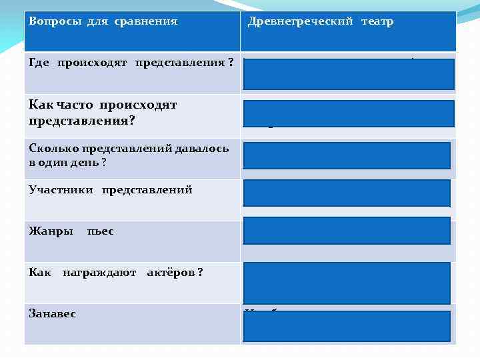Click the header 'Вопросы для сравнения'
pyautogui.click(x=103, y=21)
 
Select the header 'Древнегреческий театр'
pyautogui.click(x=320, y=21)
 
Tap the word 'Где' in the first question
pyautogui.click(x=40, y=63)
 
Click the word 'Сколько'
pyautogui.click(x=51, y=148)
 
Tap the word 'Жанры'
pyautogui.click(x=51, y=231)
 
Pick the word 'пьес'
pyautogui.click(x=100, y=231)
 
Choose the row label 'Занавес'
pyautogui.click(x=53, y=313)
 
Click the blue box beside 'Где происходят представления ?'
pyautogui.click(x=349, y=74)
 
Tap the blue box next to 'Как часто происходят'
pyautogui.click(x=349, y=113)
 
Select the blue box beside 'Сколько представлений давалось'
pyautogui.click(x=347, y=156)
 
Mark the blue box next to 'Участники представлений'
pyautogui.click(x=347, y=193)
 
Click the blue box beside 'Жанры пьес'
pyautogui.click(x=347, y=231)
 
